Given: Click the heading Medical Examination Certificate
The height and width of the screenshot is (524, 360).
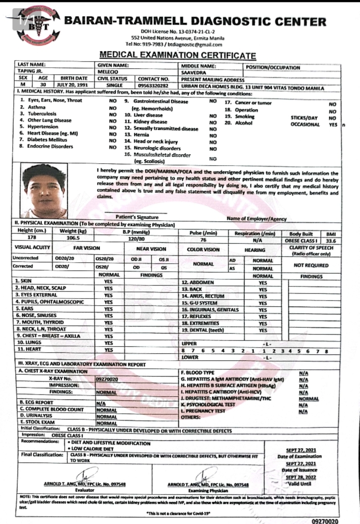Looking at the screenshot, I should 178,55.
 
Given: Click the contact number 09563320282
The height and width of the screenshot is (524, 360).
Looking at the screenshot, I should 153,85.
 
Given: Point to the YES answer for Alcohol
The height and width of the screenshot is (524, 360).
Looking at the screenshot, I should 331,124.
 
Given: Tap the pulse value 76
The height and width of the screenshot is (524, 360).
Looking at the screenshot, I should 203,240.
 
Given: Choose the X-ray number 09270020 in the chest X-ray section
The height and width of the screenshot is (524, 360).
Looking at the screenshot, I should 107,378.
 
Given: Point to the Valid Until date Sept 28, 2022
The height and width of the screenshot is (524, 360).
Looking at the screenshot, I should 301,477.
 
